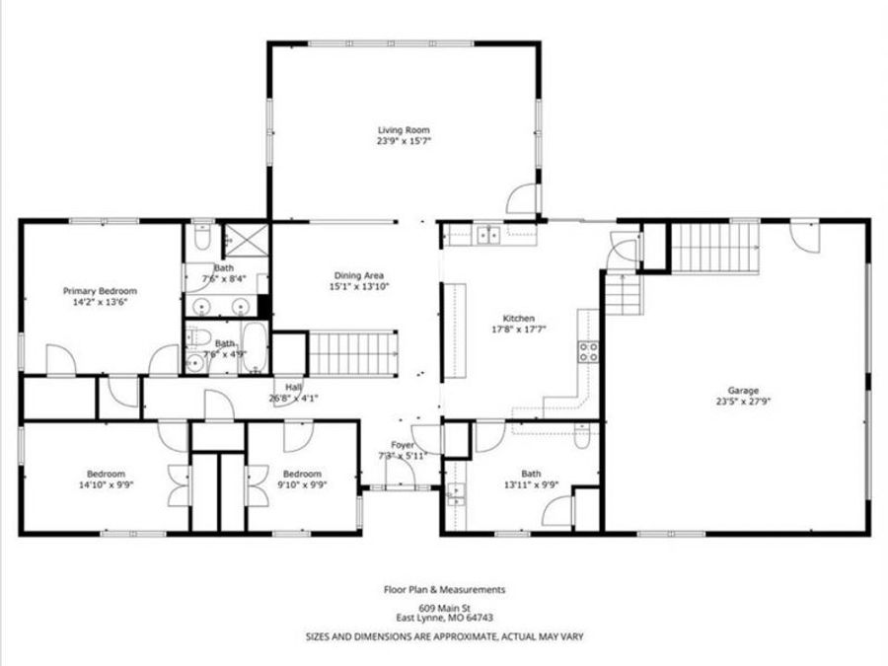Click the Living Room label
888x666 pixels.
pos(404,129)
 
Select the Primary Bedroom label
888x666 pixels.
pos(100,291)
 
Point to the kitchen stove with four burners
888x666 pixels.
pos(588,352)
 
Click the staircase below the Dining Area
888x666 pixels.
pos(355,351)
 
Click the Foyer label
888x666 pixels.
pos(403,445)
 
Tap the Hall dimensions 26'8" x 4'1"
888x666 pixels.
pos(293,399)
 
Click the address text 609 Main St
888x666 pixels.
pos(444,608)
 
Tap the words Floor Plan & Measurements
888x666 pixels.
pos(444,589)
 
